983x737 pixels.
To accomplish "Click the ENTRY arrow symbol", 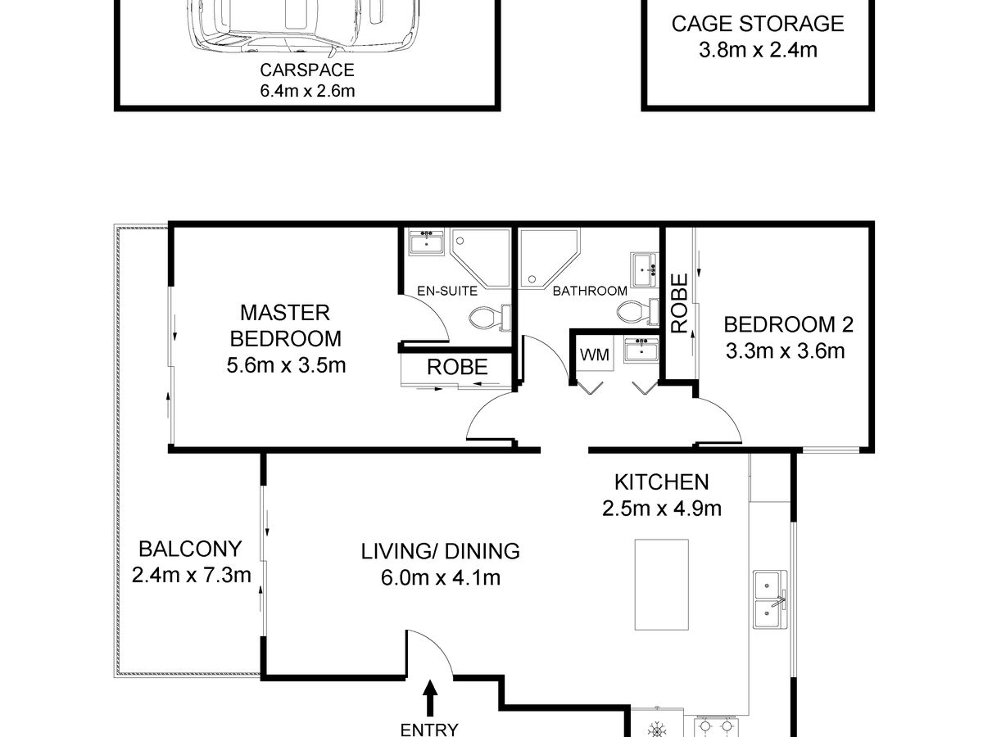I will coord(430,700).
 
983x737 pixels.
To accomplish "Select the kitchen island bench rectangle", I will coord(662,584).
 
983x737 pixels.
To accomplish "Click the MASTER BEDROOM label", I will coord(285,325).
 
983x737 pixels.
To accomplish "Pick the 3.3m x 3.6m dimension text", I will coord(785,351).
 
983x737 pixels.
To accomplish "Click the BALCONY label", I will coord(190,548).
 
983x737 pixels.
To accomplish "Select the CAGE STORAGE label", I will coord(757,23).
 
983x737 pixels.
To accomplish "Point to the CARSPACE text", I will coord(307,70).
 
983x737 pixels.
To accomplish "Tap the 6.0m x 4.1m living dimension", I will coord(440,577).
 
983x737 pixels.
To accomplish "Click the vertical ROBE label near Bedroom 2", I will coord(679,303).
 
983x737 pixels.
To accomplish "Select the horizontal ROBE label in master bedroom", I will coord(457,368).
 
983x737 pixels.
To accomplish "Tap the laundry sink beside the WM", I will coord(641,350).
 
